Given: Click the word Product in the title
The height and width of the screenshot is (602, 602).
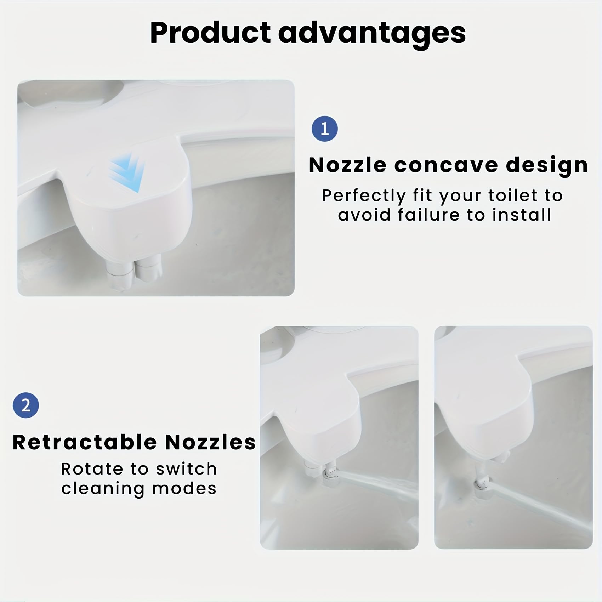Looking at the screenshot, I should [210, 33].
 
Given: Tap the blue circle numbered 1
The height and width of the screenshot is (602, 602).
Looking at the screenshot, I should [324, 129].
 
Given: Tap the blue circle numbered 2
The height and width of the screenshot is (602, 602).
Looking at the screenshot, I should [26, 405].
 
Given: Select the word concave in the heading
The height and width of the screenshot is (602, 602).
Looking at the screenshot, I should [446, 165].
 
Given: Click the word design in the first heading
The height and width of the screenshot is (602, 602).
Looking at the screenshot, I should [547, 165].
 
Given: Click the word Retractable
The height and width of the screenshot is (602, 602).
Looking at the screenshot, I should [85, 442].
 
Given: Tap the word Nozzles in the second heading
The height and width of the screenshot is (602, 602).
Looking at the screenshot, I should [210, 442].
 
